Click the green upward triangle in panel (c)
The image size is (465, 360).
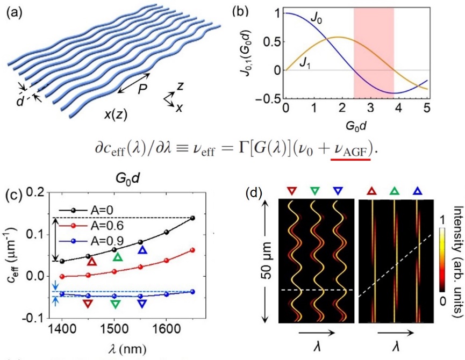pyautogui.click(x=118, y=257)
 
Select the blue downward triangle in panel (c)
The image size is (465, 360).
pyautogui.click(x=142, y=303)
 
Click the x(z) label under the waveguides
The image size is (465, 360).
pyautogui.click(x=118, y=114)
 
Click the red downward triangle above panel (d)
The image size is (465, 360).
pyautogui.click(x=292, y=190)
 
